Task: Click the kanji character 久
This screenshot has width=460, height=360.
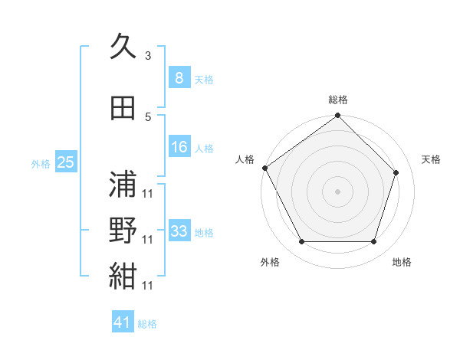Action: coord(123,47)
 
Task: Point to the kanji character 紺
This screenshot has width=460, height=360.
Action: coord(123,277)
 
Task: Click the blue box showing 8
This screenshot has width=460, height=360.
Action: coord(179,77)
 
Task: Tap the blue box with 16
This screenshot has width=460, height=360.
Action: coord(179,147)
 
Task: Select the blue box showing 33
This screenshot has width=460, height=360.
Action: coord(179,231)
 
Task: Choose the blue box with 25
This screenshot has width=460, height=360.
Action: coord(65,162)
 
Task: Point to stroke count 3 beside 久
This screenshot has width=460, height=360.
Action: coord(148,56)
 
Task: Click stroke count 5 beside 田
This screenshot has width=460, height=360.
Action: coord(148,116)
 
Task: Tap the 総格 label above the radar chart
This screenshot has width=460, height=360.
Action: coord(337,100)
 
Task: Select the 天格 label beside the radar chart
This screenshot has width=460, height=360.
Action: coord(431,159)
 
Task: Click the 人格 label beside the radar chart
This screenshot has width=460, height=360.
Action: coord(245,159)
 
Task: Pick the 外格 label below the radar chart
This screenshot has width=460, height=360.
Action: coord(270,262)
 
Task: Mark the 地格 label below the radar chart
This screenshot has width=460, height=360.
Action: coord(402,262)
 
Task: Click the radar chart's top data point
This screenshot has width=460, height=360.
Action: coord(337,116)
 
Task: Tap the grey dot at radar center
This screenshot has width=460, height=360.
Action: coord(337,191)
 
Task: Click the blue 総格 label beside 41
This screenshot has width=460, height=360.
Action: coord(147,324)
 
